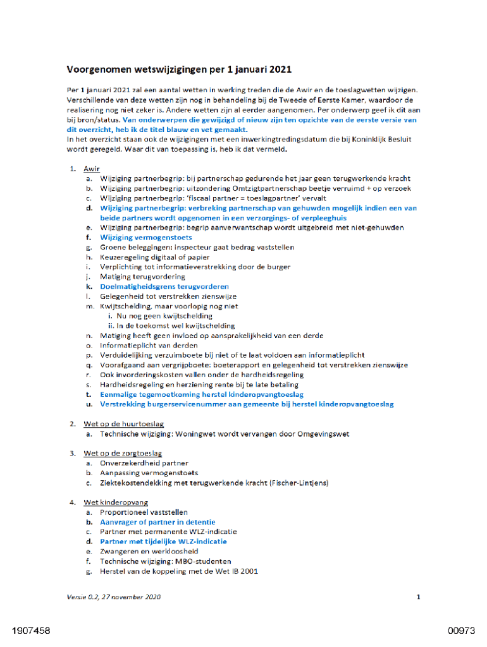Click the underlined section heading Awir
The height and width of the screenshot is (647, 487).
[92, 169]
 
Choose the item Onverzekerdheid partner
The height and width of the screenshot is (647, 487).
[144, 463]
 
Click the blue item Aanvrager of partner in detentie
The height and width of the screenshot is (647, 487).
[157, 522]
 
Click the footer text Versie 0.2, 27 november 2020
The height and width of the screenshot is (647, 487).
[114, 596]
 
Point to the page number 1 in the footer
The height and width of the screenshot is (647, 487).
[418, 596]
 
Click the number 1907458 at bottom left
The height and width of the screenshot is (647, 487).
[31, 631]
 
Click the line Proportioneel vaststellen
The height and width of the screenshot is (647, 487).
[144, 512]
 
